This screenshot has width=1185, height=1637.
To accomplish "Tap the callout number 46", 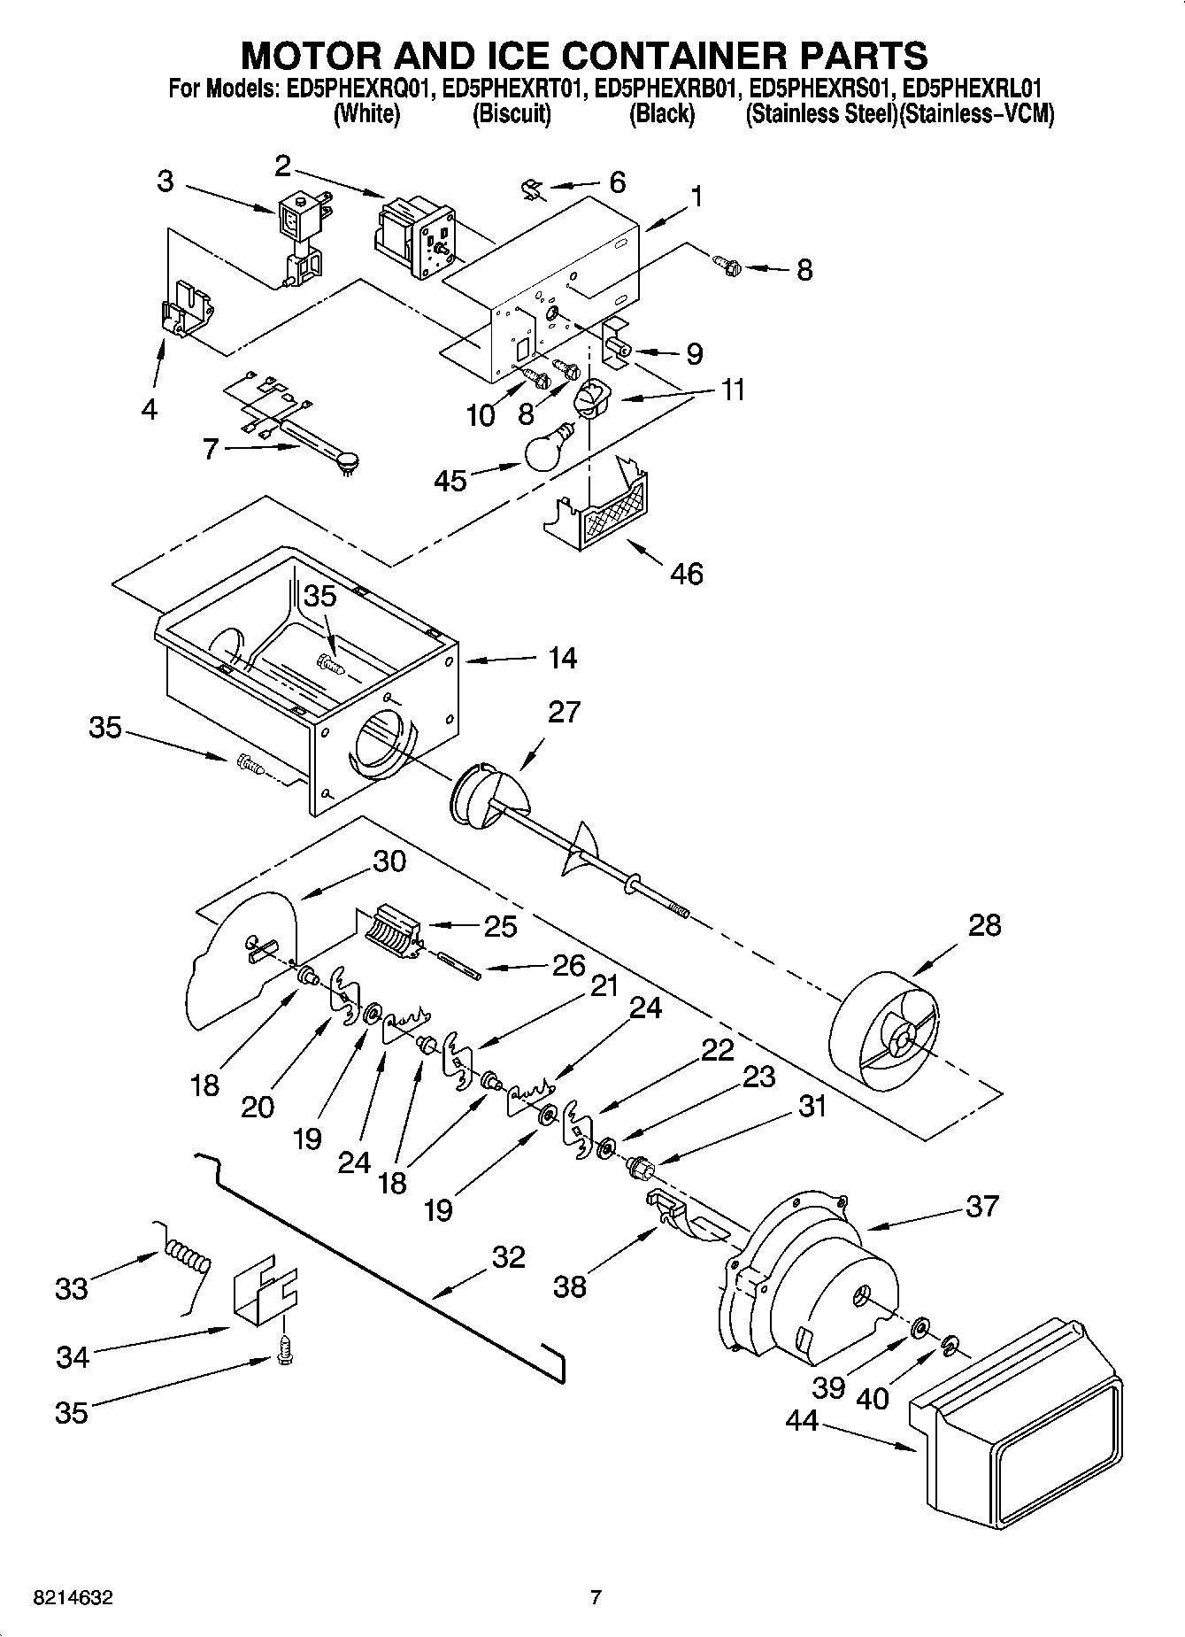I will point(687,574).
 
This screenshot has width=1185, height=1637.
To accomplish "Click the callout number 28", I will point(984,925).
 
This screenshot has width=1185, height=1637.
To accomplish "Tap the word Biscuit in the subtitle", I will point(512,114).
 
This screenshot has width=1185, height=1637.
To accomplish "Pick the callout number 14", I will point(562,658).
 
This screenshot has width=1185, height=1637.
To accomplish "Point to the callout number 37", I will point(981,1206).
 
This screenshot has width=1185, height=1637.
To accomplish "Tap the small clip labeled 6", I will point(532,188).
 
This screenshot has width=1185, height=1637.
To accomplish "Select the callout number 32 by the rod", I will point(508,1257).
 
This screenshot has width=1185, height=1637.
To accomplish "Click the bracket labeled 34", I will point(264,1296).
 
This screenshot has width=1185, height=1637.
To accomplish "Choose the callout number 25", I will point(499,926).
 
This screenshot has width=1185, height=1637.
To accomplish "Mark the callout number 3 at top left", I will point(165,181).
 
